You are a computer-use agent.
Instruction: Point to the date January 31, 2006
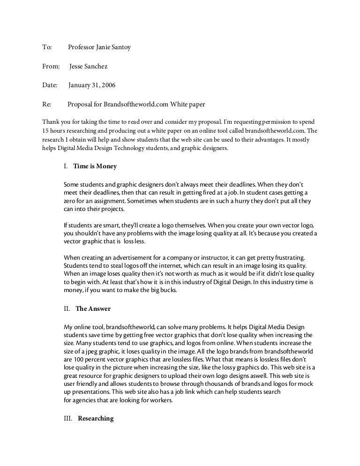click(x=92, y=86)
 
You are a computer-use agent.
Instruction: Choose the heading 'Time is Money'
click(x=95, y=166)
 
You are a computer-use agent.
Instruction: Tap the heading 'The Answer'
click(x=93, y=309)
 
